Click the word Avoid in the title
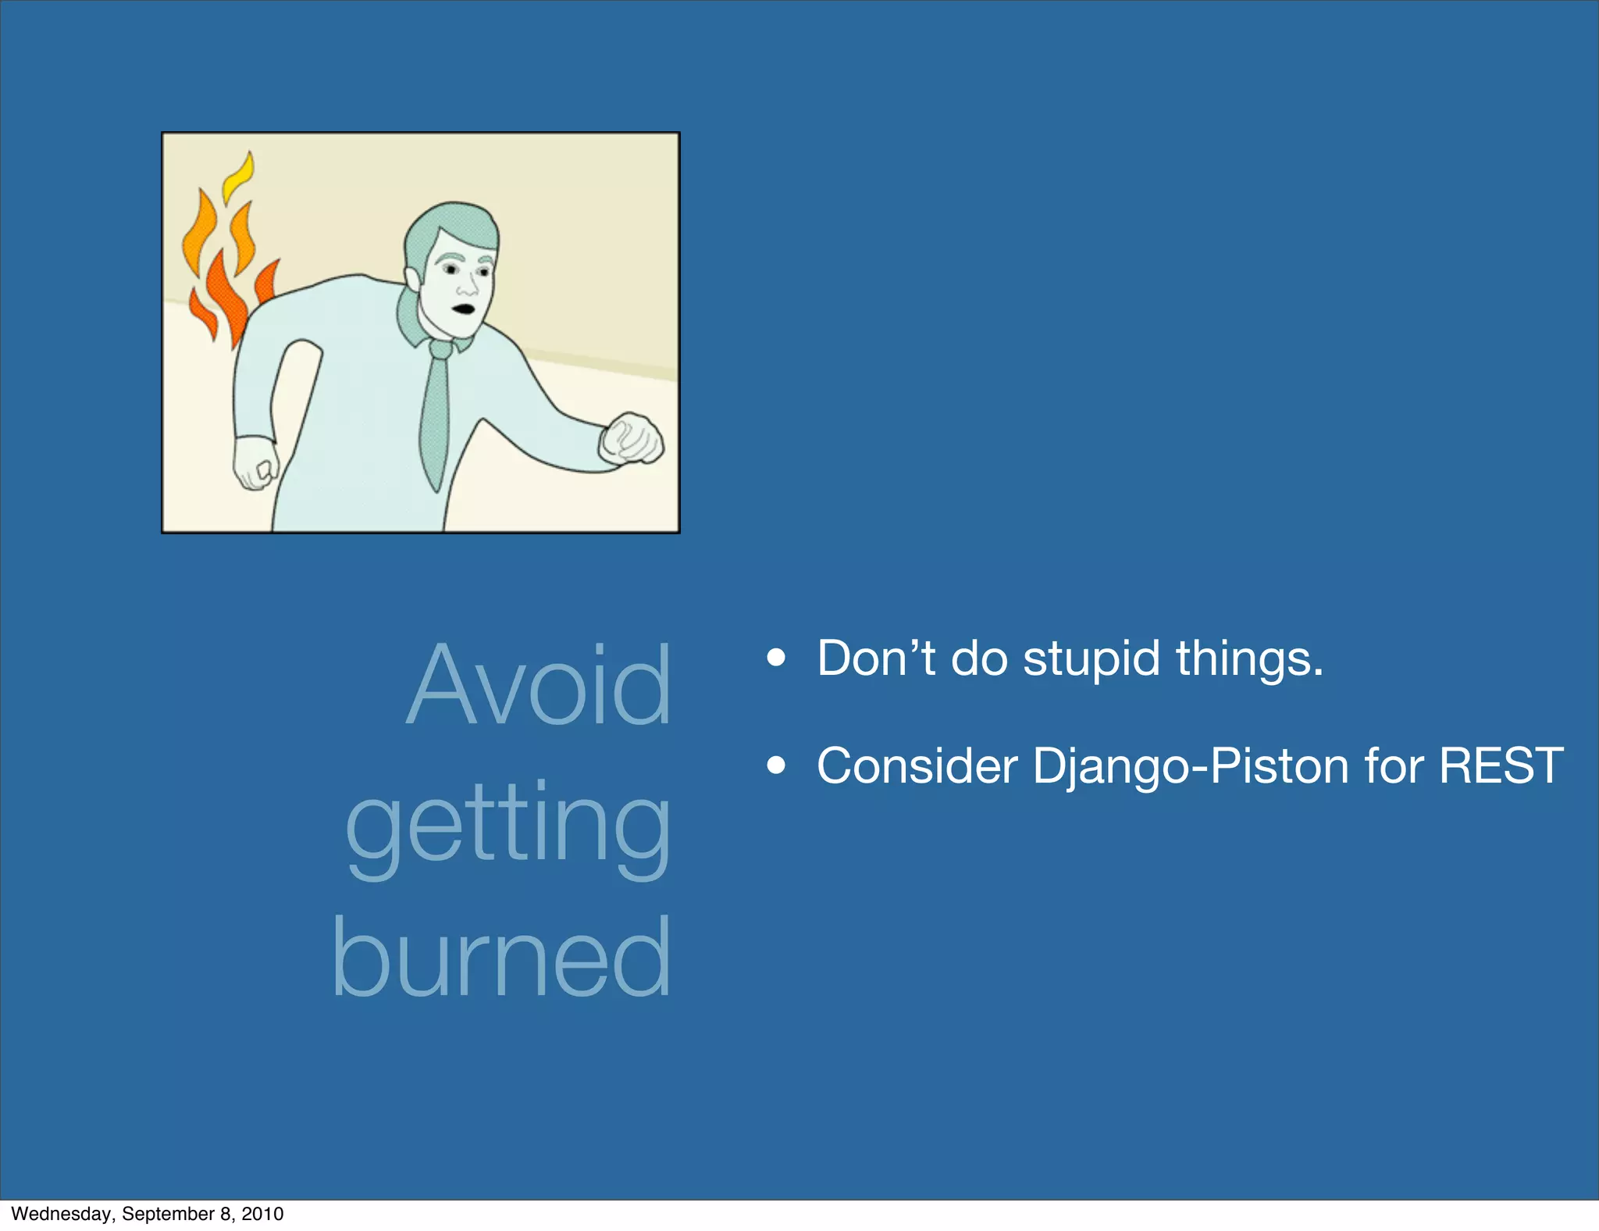(539, 687)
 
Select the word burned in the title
(501, 958)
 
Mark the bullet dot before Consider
(775, 766)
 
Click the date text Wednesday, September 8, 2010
(148, 1213)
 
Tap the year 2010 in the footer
(262, 1213)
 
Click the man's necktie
(436, 414)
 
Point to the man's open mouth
(465, 308)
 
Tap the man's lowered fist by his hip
(255, 464)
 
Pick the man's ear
(411, 277)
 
